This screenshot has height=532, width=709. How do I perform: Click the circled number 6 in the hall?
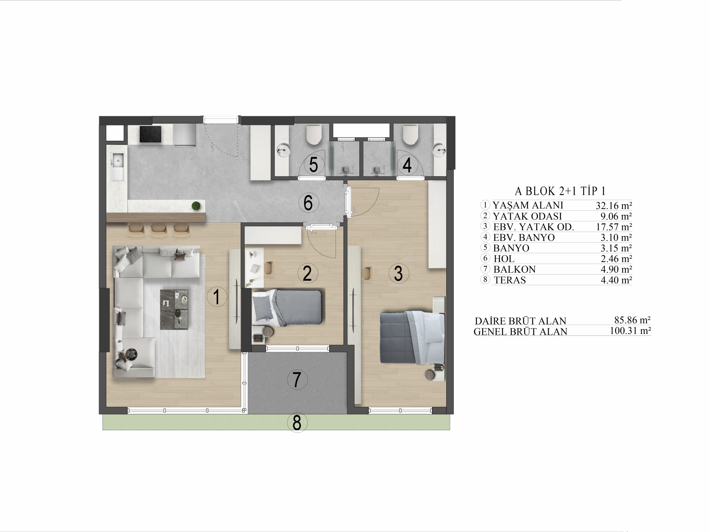[308, 203]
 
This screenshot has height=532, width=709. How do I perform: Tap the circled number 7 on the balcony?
[297, 379]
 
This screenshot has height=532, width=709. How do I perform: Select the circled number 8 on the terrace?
[297, 423]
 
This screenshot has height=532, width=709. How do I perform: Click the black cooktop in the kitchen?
[150, 134]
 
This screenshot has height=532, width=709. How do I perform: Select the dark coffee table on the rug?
[174, 310]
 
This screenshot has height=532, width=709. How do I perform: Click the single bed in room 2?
[287, 307]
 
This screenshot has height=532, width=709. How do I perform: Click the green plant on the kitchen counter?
[196, 206]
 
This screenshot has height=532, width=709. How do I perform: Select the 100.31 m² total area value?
[630, 331]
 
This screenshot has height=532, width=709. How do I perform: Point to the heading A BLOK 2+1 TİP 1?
[560, 191]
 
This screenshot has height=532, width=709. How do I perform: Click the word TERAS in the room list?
[510, 280]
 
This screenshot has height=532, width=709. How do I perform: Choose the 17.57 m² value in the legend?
[614, 227]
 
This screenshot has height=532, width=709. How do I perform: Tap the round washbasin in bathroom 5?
[283, 150]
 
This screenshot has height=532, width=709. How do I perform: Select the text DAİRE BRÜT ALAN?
[520, 321]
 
